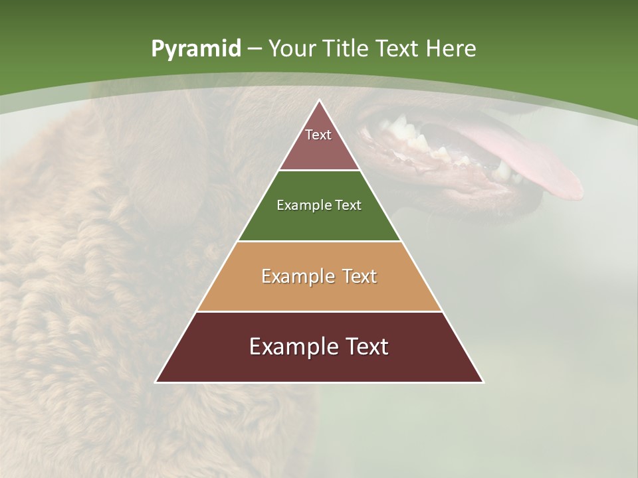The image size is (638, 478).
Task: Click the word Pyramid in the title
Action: [195, 49]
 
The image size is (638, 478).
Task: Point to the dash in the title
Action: [255, 49]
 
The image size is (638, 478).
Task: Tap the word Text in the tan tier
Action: [357, 276]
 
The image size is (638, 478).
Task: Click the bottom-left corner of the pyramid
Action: [156, 382]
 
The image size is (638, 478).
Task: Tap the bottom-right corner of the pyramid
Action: [483, 382]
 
